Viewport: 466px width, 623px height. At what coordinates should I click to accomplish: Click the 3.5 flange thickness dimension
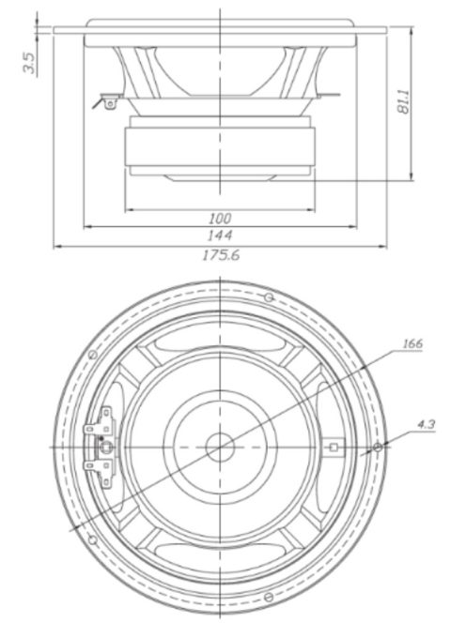click(x=30, y=63)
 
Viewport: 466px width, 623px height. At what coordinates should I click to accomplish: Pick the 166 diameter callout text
click(x=412, y=343)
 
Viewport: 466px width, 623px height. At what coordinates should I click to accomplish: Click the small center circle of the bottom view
click(x=221, y=447)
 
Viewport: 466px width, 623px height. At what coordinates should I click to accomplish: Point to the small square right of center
click(x=333, y=447)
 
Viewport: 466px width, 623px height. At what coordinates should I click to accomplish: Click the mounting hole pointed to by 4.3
click(x=377, y=447)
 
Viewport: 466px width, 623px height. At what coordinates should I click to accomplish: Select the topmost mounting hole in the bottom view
click(x=269, y=297)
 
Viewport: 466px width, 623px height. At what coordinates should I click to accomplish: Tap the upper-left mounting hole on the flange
click(x=91, y=355)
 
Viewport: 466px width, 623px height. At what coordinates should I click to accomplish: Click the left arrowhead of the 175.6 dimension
click(x=56, y=246)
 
